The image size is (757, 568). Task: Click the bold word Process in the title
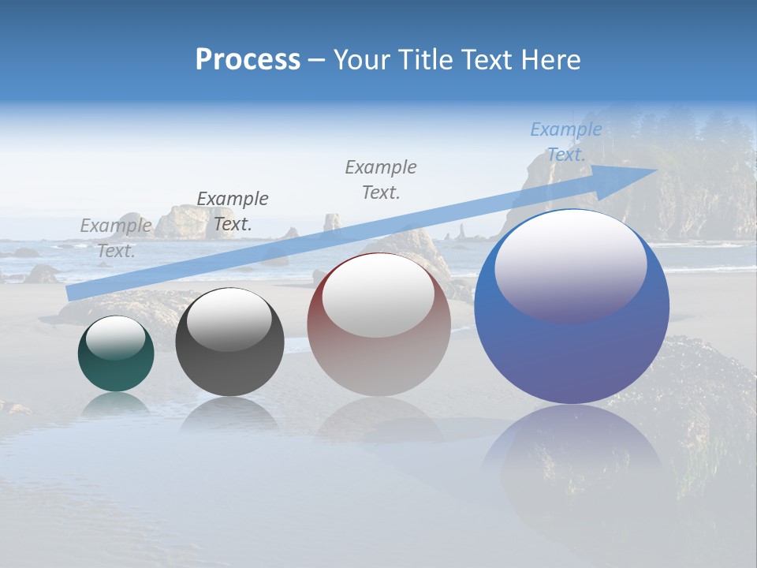(248, 60)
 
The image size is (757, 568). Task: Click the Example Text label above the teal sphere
(116, 237)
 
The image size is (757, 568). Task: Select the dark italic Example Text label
(232, 211)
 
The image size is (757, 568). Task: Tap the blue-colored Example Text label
(565, 141)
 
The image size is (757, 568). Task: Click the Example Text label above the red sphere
(381, 179)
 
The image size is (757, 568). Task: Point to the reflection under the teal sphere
(116, 404)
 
